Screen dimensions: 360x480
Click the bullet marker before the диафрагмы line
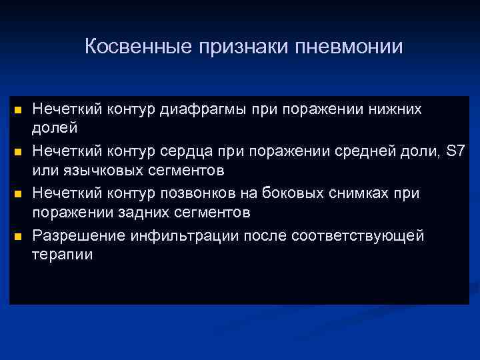click(x=18, y=109)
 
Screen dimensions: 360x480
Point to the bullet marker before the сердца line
click(x=18, y=152)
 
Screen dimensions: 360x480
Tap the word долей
click(x=55, y=127)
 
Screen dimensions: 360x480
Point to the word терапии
click(x=63, y=255)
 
